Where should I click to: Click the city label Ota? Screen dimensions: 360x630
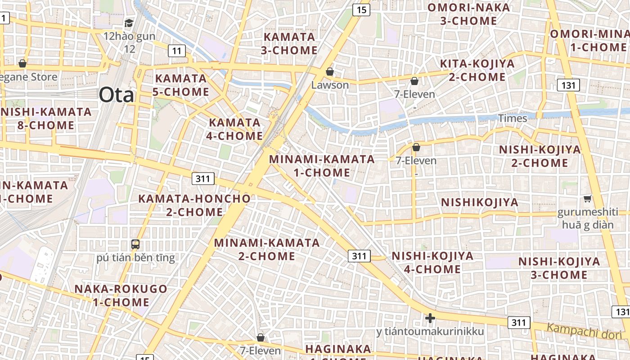coord(116,95)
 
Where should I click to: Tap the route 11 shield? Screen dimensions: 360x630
coord(177,51)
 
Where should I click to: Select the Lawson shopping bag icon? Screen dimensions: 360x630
coord(330,72)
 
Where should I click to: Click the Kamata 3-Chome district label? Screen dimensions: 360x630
coord(289,43)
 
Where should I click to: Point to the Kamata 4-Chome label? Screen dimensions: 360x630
coord(235,129)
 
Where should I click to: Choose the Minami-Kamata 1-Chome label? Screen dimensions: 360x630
coord(322,166)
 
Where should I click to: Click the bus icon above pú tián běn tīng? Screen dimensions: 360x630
coord(135,244)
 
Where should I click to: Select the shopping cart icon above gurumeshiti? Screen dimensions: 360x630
coord(587,198)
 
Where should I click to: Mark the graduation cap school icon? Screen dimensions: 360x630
coord(129,23)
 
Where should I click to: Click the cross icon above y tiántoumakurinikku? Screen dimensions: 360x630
coord(430,318)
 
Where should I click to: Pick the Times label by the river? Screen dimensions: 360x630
coord(513,118)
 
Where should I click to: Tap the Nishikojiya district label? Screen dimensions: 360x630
coord(480,202)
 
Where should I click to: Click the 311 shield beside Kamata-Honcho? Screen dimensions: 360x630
coord(203,179)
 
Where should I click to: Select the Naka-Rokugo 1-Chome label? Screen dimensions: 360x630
coord(121,295)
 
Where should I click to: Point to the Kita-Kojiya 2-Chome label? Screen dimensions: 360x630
coord(477,70)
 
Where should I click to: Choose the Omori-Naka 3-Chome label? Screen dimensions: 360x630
coord(468,14)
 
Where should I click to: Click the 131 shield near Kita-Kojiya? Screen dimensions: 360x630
coord(568,85)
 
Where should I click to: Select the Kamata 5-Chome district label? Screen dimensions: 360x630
coord(182,85)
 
